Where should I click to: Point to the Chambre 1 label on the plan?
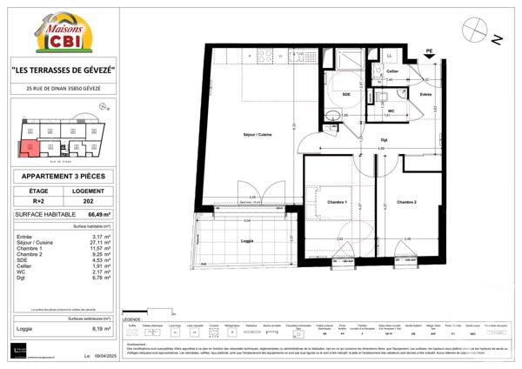click(x=336, y=202)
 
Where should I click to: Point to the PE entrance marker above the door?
click(x=429, y=51)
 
